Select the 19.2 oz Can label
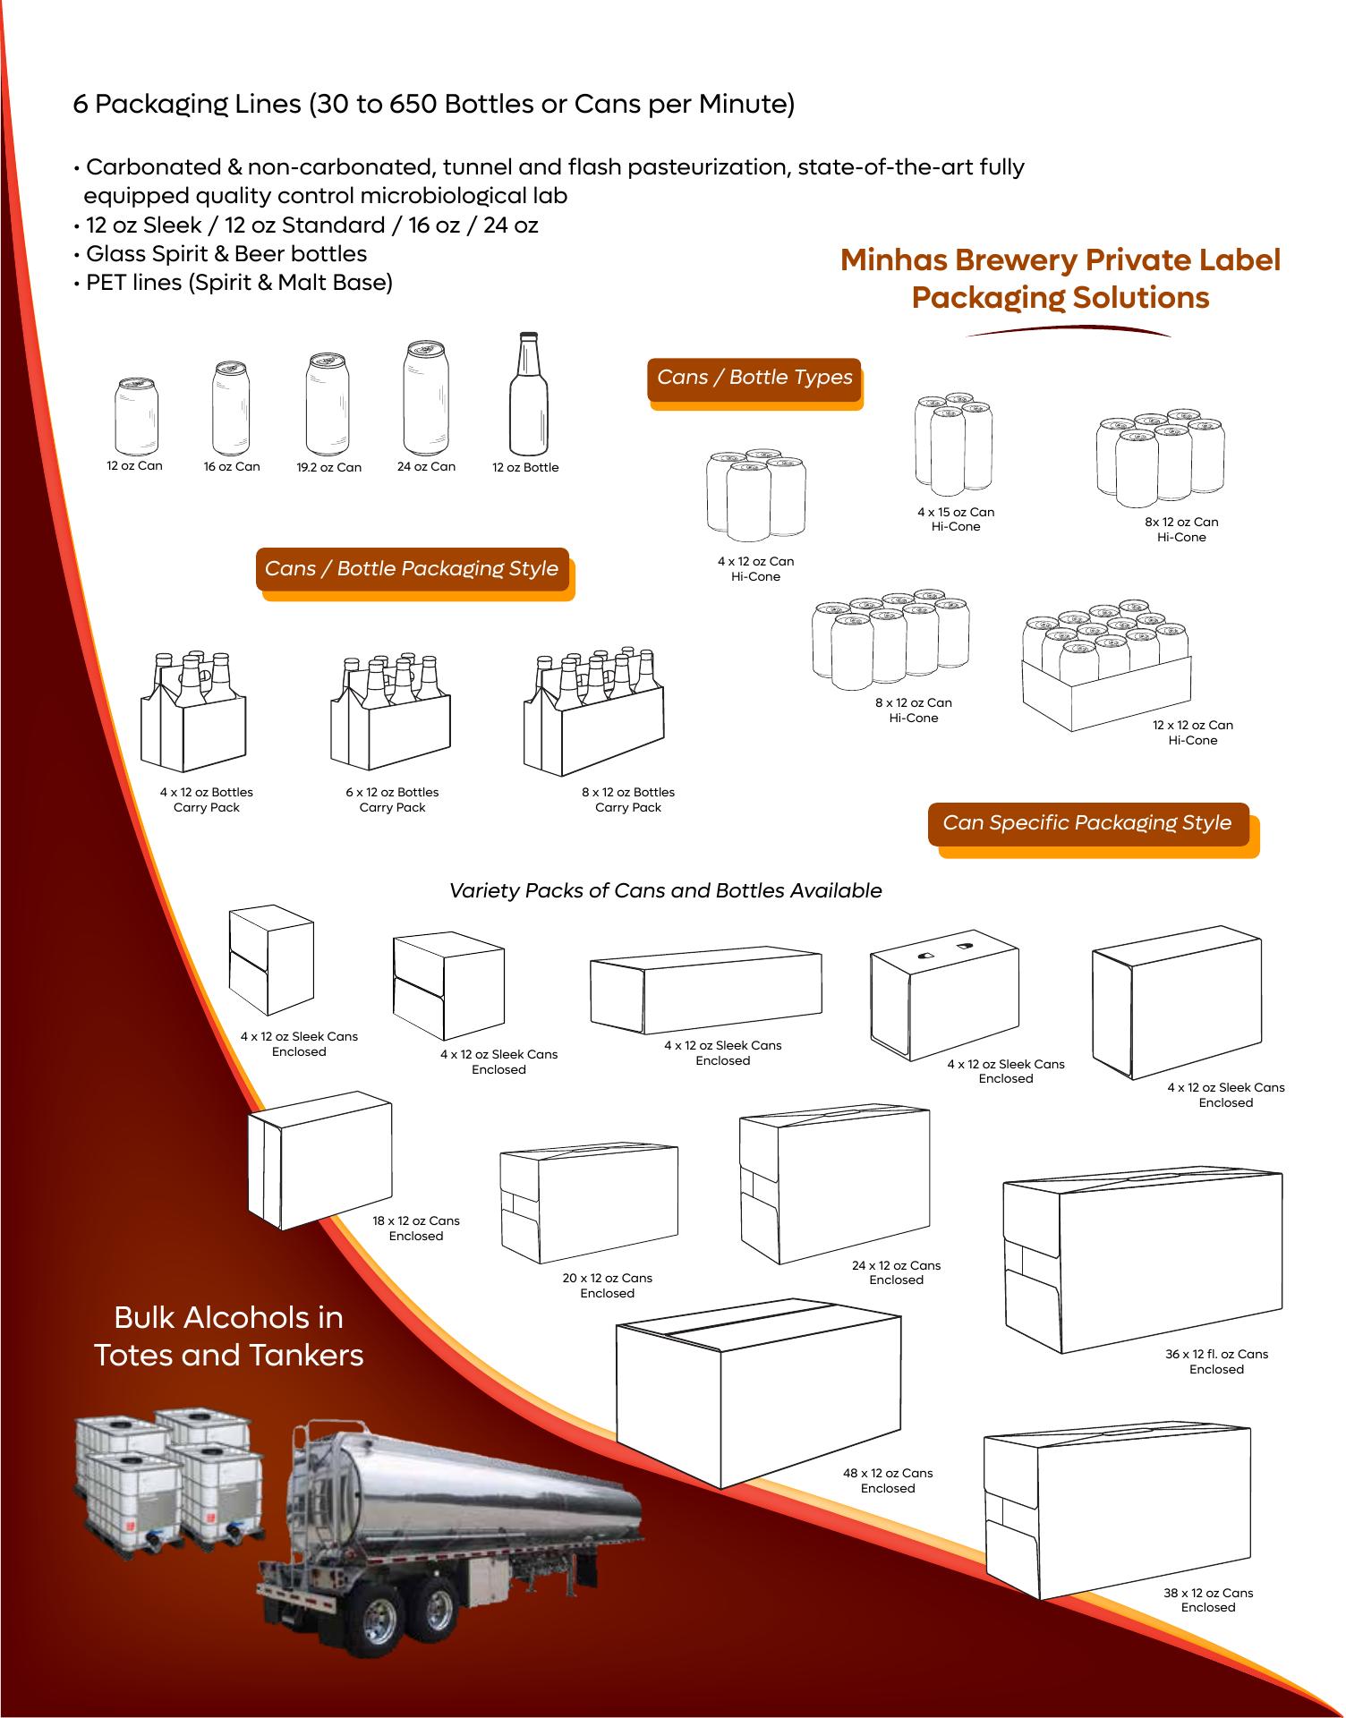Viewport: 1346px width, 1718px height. [329, 467]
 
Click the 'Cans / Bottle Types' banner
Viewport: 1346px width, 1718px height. [754, 378]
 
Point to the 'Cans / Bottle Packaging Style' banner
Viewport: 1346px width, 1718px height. [412, 569]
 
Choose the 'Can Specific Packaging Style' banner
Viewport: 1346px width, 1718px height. [1087, 823]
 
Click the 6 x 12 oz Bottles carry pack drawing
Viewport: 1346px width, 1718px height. [391, 712]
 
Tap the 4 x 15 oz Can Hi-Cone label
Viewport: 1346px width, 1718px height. [956, 520]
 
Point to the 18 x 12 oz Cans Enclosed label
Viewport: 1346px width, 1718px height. [416, 1229]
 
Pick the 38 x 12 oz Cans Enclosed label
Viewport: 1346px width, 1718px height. [1208, 1600]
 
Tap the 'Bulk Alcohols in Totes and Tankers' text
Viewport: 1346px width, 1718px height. [229, 1336]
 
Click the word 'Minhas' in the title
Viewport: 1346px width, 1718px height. [891, 260]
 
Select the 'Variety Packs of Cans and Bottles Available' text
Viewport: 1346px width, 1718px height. [665, 891]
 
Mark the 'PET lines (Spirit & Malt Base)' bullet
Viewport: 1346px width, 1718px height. [239, 283]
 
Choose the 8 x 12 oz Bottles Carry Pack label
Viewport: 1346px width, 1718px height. [628, 800]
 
